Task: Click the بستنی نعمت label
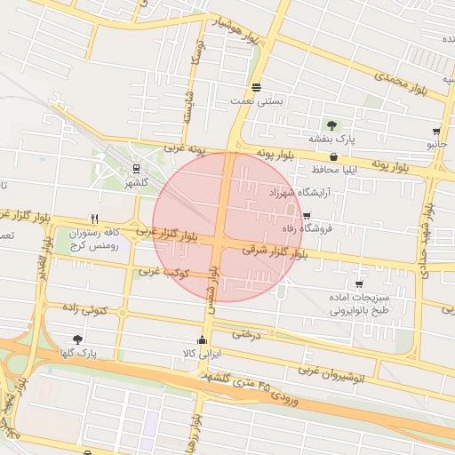(257, 101)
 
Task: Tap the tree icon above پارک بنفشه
(332, 125)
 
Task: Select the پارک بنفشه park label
(332, 140)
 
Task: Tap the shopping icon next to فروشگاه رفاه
(307, 216)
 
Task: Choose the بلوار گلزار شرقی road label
(267, 252)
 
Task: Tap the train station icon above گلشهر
(136, 168)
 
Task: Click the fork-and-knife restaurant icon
(94, 219)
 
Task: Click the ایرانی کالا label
(201, 354)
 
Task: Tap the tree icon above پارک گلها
(77, 339)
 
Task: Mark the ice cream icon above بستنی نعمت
(256, 87)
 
